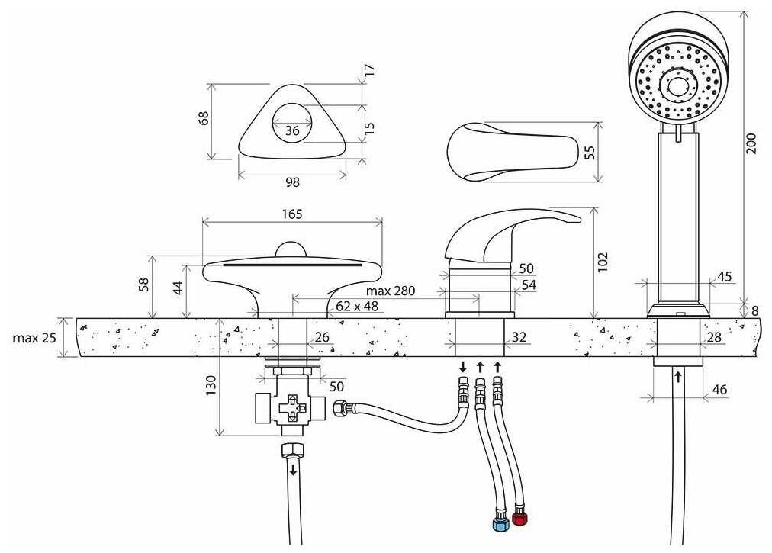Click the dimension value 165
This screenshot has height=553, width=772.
click(291, 214)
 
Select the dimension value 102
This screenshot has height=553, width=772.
click(603, 262)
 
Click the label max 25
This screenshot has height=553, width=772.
click(34, 338)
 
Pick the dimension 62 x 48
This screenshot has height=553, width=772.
click(356, 306)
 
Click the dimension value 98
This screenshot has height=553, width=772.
click(292, 182)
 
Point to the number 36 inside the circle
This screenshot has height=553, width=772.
click(292, 130)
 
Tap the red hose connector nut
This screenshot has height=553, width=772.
click(520, 519)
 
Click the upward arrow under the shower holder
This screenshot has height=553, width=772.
click(677, 377)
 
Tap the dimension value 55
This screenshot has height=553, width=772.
click(590, 152)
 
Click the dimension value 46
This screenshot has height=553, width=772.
click(719, 390)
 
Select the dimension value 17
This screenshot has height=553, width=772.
click(370, 69)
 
